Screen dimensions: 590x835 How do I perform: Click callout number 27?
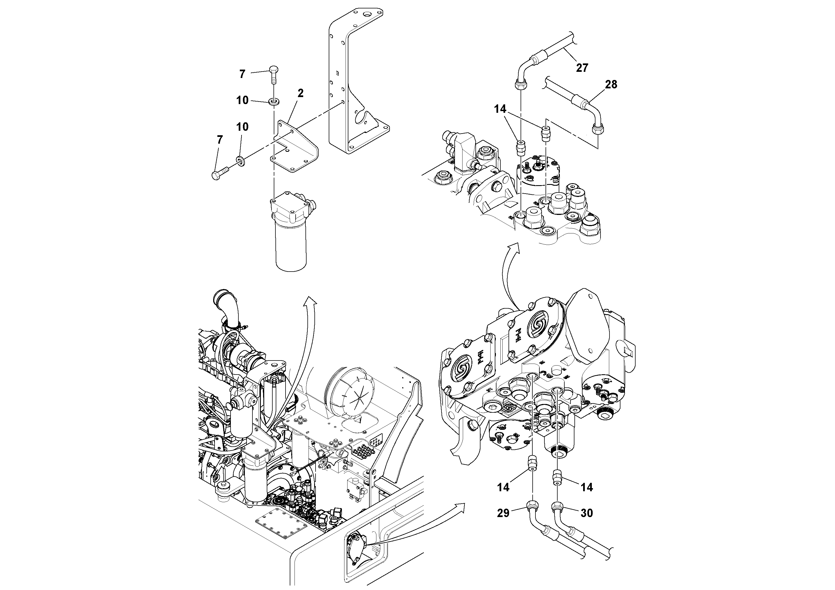click(x=582, y=68)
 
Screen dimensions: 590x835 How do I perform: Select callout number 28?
click(x=611, y=84)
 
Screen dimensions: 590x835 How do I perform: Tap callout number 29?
click(x=503, y=513)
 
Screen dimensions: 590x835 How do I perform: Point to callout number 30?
click(x=586, y=513)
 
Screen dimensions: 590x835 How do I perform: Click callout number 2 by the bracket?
click(x=300, y=93)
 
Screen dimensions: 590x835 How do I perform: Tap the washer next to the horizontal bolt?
click(x=240, y=160)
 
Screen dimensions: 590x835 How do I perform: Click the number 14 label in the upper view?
click(x=500, y=109)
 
